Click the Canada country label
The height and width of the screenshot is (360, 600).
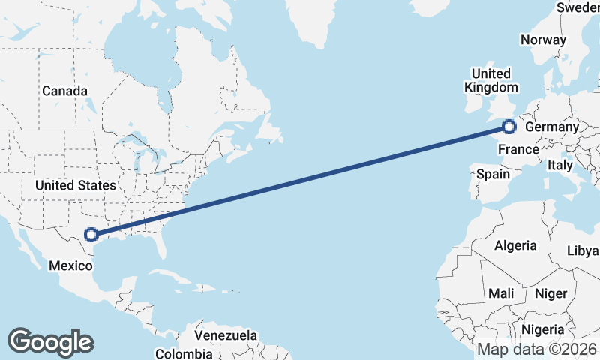[x=64, y=91]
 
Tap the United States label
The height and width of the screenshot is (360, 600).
[x=76, y=185]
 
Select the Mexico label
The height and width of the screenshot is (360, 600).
[x=70, y=265]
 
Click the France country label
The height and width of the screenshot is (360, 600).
[x=518, y=149]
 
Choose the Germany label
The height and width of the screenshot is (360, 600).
[x=552, y=127]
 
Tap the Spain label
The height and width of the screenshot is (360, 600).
[x=493, y=175]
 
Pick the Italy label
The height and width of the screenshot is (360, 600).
[x=560, y=165]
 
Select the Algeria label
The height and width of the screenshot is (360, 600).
[x=515, y=245]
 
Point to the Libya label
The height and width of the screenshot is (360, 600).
[x=583, y=250]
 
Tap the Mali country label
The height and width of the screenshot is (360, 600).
[x=500, y=293]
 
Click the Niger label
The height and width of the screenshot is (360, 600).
[x=550, y=293]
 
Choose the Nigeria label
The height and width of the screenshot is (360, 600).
[x=543, y=329]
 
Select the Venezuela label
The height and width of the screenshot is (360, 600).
[x=226, y=335]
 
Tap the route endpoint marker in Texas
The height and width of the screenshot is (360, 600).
[x=91, y=235]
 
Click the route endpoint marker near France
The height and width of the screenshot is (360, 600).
[x=509, y=127]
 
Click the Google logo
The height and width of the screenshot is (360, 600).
[x=50, y=342]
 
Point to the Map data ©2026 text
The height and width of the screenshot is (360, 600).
[x=536, y=349]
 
